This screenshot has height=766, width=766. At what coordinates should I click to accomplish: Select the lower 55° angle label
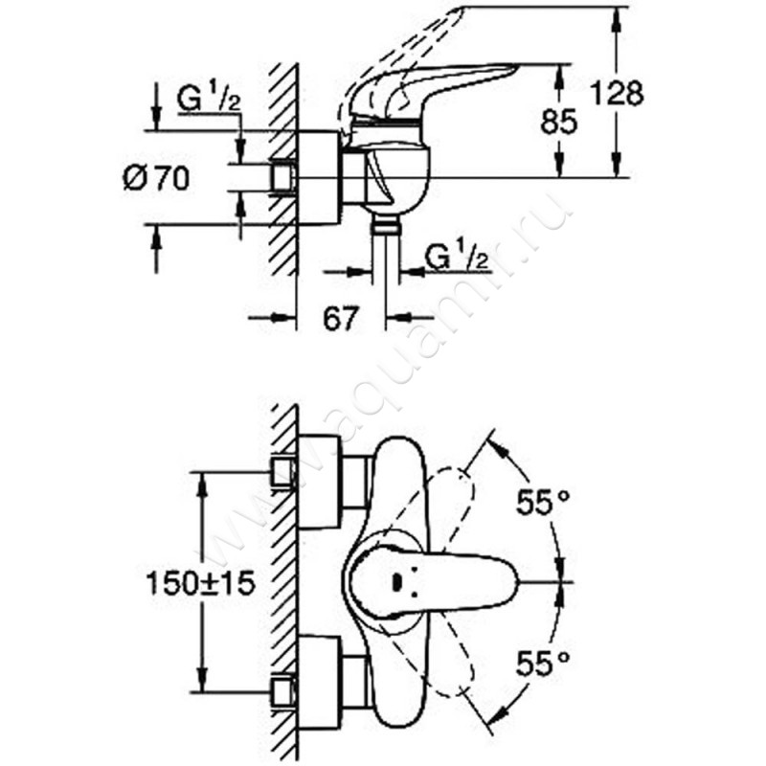[544, 661]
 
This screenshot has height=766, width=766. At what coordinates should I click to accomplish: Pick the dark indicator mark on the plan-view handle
[397, 580]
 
